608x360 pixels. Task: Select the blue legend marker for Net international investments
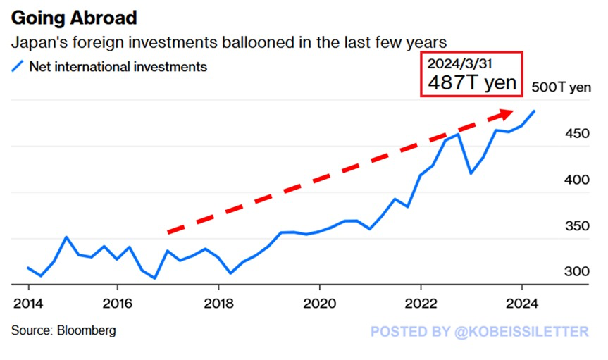(18, 68)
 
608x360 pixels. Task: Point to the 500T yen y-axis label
(565, 88)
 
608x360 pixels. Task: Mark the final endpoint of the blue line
(534, 111)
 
